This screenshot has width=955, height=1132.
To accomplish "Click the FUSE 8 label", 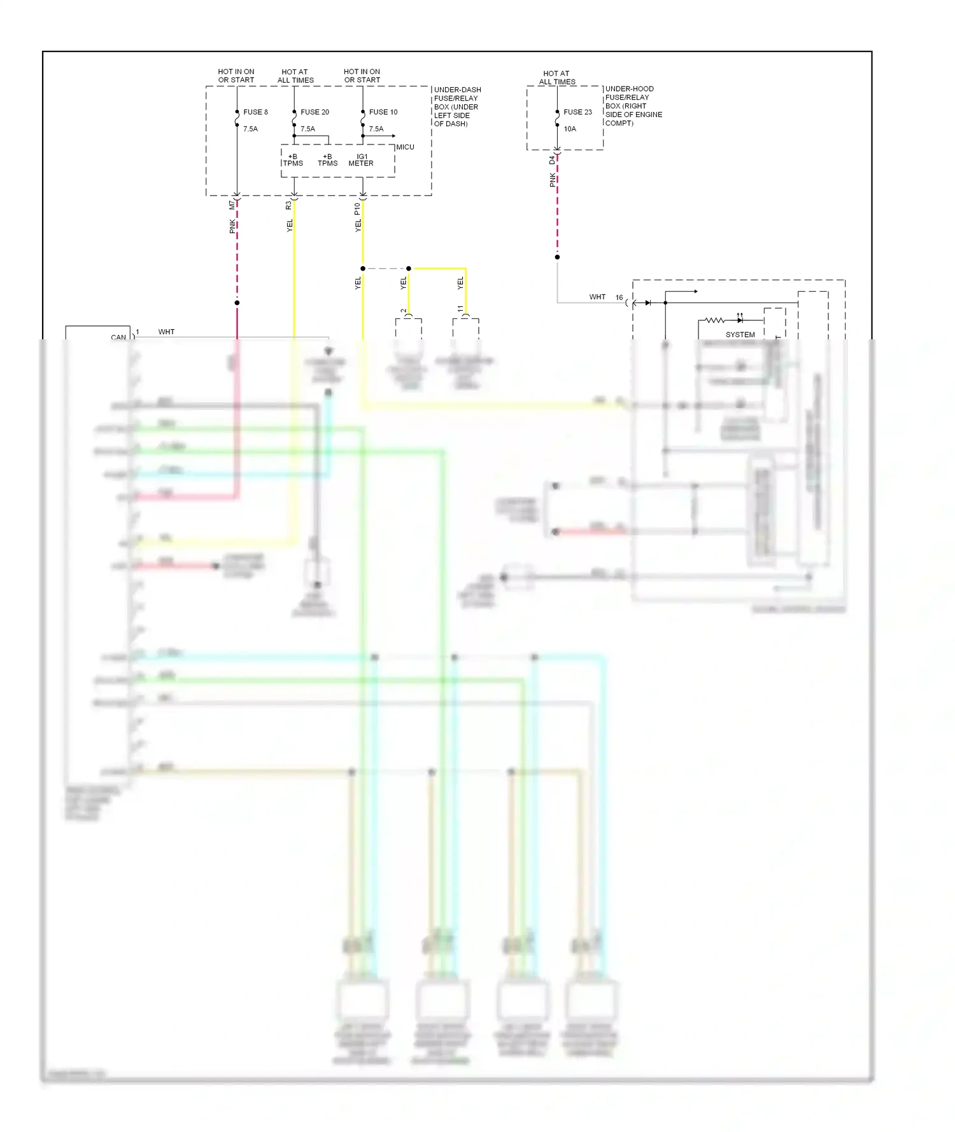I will [255, 112].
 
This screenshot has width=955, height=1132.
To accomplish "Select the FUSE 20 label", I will [315, 112].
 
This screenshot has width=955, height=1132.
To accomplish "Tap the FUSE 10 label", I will [383, 112].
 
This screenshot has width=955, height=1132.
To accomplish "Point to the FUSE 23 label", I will [577, 112].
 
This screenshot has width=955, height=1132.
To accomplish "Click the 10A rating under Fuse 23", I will [570, 129].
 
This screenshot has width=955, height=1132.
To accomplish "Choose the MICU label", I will [406, 147].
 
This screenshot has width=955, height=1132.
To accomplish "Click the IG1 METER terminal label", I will [361, 160].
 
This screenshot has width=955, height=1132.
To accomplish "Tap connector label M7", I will [232, 205].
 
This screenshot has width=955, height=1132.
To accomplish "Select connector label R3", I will [288, 205].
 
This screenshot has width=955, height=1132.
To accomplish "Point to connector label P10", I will [357, 208].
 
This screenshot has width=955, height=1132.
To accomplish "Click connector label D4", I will [552, 160].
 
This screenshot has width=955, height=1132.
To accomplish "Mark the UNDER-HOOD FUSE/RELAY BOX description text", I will [633, 106].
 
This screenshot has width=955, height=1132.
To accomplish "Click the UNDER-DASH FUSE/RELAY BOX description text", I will [457, 106].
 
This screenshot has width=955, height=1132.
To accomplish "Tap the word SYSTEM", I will [740, 334].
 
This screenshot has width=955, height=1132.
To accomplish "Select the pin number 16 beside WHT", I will [619, 297].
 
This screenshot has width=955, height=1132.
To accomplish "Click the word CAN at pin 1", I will [118, 337].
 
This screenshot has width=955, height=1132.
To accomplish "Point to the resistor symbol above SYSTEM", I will [714, 320].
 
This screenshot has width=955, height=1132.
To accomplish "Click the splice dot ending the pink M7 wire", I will [237, 302].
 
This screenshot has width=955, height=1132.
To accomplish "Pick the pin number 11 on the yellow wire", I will [460, 309].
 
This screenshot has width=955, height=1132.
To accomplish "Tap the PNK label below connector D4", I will [553, 180].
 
